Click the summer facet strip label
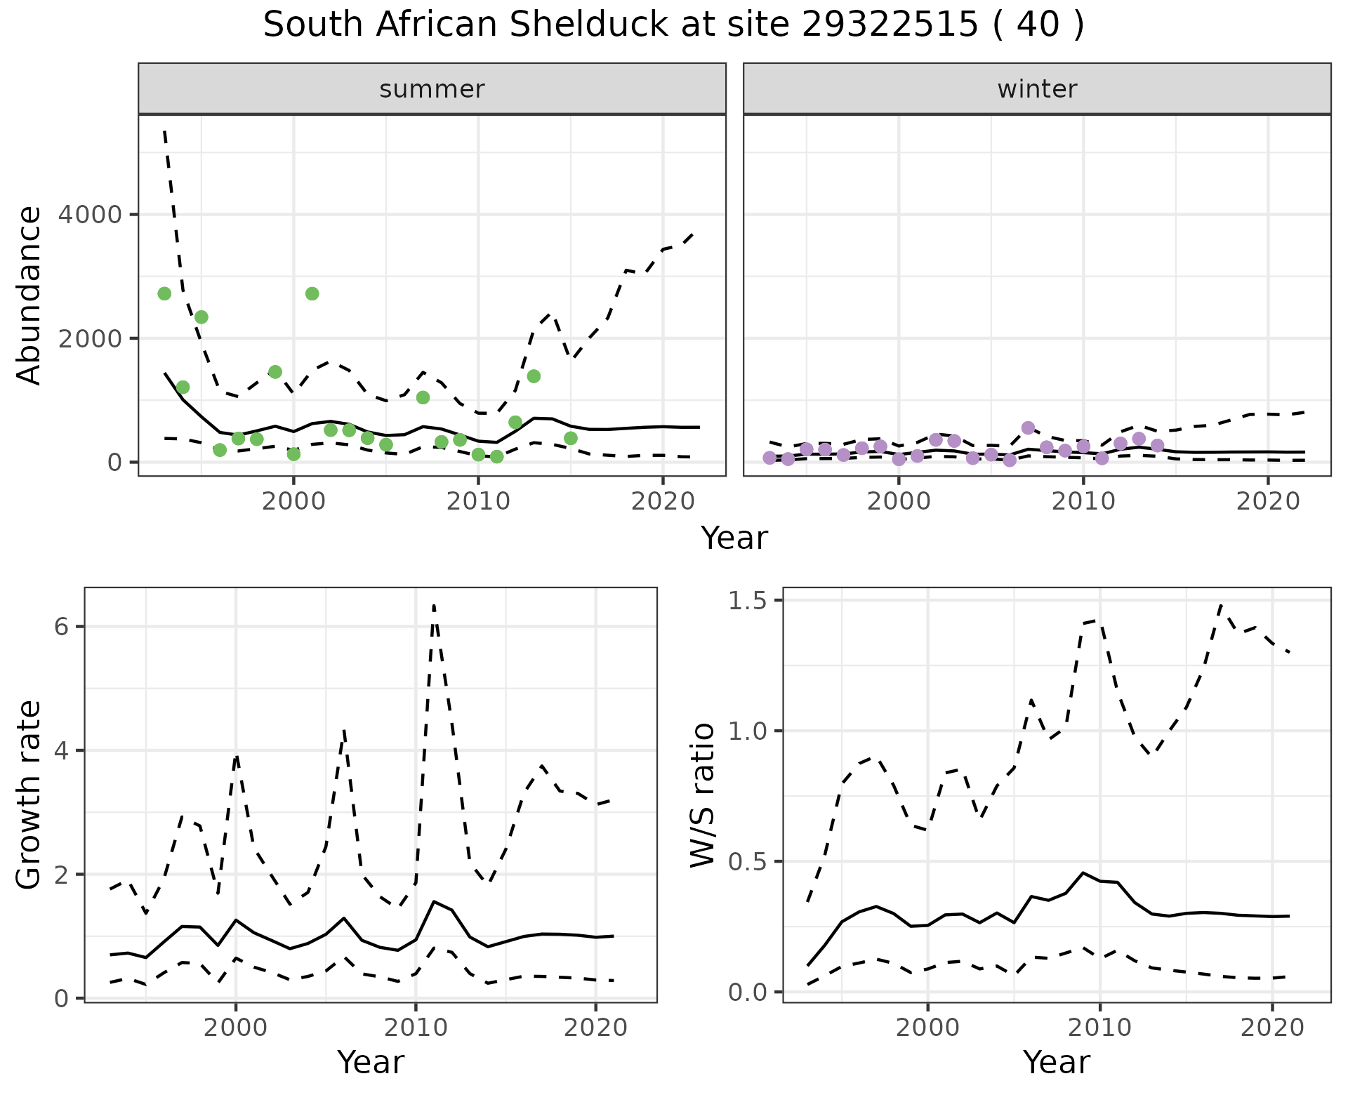pos(432,89)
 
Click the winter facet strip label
pos(1037,89)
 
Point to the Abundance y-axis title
pos(29,295)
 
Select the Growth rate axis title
pos(29,795)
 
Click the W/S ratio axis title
pos(702,795)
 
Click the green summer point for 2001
pos(312,293)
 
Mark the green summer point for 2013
pos(534,376)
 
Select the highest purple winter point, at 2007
pos(1029,428)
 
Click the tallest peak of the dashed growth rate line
pos(434,605)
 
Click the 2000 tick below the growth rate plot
pos(236,1028)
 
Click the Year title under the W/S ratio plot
pos(1056,1062)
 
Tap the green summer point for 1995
pos(201,317)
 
